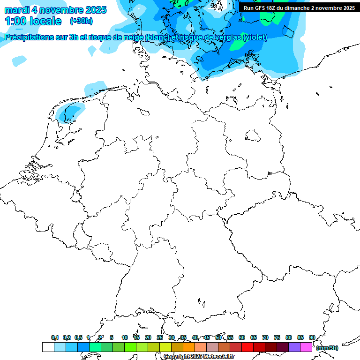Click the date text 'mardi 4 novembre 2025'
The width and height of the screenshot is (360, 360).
pos(55,10)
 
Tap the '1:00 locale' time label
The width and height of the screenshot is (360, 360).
pos(33,21)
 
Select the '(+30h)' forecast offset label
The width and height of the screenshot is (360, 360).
pos(81,21)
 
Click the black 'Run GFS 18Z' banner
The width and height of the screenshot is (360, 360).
pos(299,8)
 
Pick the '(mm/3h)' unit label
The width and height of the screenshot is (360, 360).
pos(327,348)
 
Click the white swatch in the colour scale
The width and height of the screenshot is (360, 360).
pos(48,347)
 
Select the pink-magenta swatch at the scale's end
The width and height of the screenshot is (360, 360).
pos(306,347)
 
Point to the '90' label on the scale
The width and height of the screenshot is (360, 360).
pos(312,337)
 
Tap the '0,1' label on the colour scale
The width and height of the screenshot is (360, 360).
pos(55,337)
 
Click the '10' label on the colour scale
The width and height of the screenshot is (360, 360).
pos(125,337)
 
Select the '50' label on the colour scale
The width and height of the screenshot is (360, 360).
pos(218,337)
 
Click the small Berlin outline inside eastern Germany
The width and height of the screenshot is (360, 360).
pos(253,135)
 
